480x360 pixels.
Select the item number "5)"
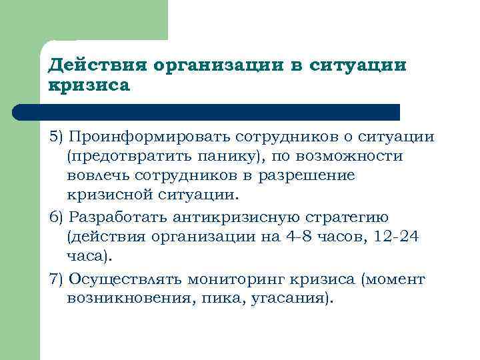click(x=58, y=137)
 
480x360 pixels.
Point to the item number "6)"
click(x=58, y=217)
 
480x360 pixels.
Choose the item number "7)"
click(x=58, y=278)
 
